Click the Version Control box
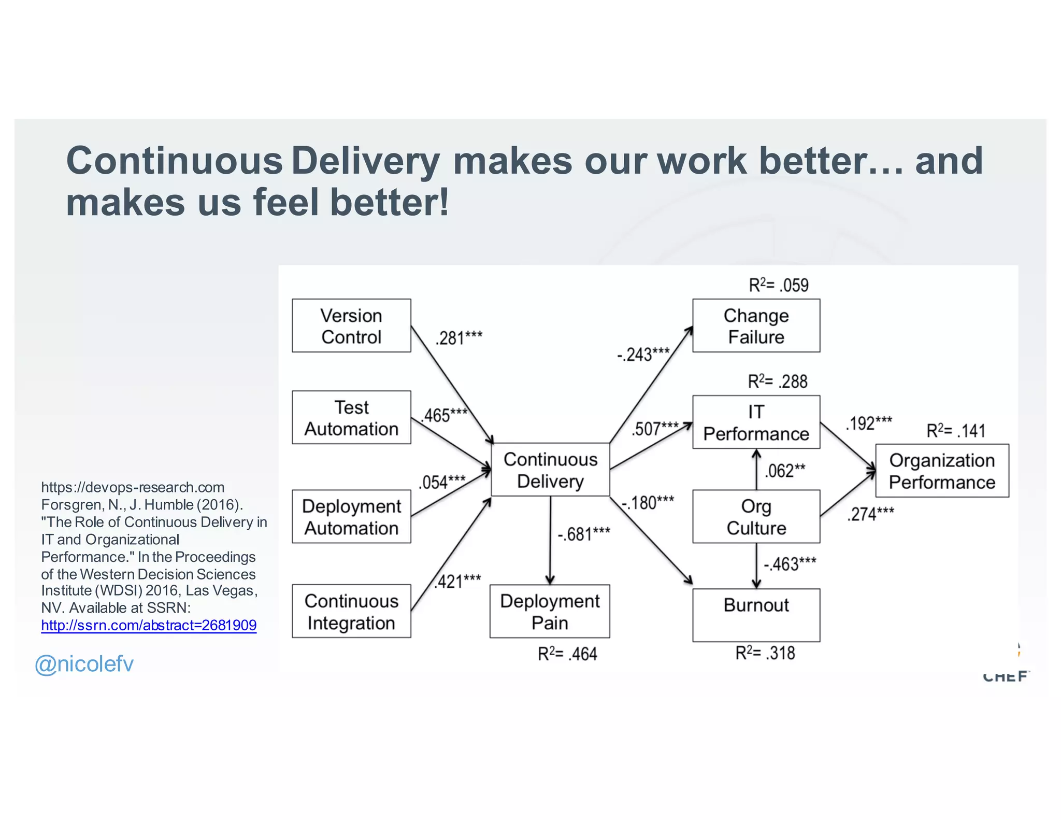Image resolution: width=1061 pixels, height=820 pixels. (x=351, y=326)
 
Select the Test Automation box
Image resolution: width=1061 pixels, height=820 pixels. (x=351, y=417)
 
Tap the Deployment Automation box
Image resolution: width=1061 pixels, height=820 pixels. (x=351, y=516)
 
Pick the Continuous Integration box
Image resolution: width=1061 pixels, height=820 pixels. (x=351, y=611)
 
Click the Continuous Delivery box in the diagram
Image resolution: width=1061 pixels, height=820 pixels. (x=550, y=470)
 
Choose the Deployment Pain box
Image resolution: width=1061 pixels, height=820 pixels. (x=550, y=611)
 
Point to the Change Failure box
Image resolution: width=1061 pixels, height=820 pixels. (x=756, y=326)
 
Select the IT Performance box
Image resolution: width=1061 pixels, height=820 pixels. (x=756, y=422)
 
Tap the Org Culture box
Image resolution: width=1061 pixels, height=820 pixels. (x=756, y=516)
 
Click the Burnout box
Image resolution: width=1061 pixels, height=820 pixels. (x=756, y=615)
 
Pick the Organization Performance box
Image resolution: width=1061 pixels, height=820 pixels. (x=942, y=471)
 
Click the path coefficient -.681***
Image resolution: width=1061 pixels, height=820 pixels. (x=584, y=534)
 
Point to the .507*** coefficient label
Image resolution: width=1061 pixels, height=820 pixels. (x=655, y=429)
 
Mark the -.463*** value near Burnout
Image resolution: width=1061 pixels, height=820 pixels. (x=790, y=564)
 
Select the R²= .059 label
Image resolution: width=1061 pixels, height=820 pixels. (x=778, y=285)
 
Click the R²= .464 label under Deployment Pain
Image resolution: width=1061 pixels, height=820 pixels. (x=567, y=654)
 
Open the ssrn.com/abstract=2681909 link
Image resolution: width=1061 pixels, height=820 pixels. (x=149, y=625)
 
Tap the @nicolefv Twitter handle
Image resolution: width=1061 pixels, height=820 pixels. (x=84, y=664)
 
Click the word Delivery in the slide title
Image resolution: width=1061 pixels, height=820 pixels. (x=366, y=161)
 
